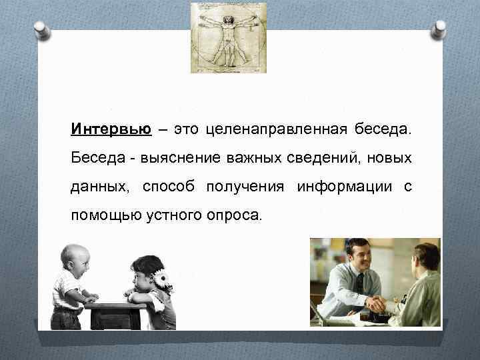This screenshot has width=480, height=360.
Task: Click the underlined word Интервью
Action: (110, 129)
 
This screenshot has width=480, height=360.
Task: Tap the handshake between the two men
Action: (380, 304)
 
